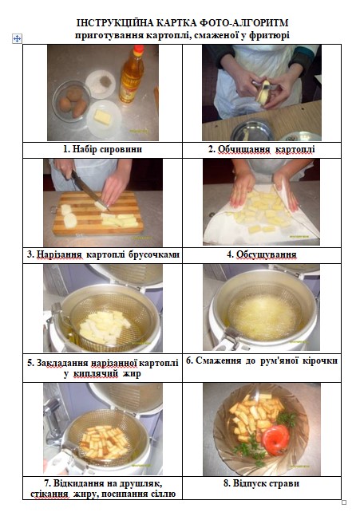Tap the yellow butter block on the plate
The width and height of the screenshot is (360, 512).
coord(103,117)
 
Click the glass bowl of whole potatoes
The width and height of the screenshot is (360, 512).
coord(72,101)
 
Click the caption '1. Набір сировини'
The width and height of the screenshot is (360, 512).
coord(103,149)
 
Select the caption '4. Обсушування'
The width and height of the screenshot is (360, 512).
coord(262,254)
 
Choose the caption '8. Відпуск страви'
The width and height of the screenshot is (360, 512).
coord(261,483)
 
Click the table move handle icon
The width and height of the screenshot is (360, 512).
coord(17,39)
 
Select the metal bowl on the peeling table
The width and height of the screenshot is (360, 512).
coord(252,131)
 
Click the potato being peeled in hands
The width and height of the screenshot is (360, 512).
coord(263,92)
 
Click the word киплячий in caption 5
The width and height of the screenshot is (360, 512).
coord(96,373)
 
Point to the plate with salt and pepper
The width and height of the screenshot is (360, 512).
coord(101,83)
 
